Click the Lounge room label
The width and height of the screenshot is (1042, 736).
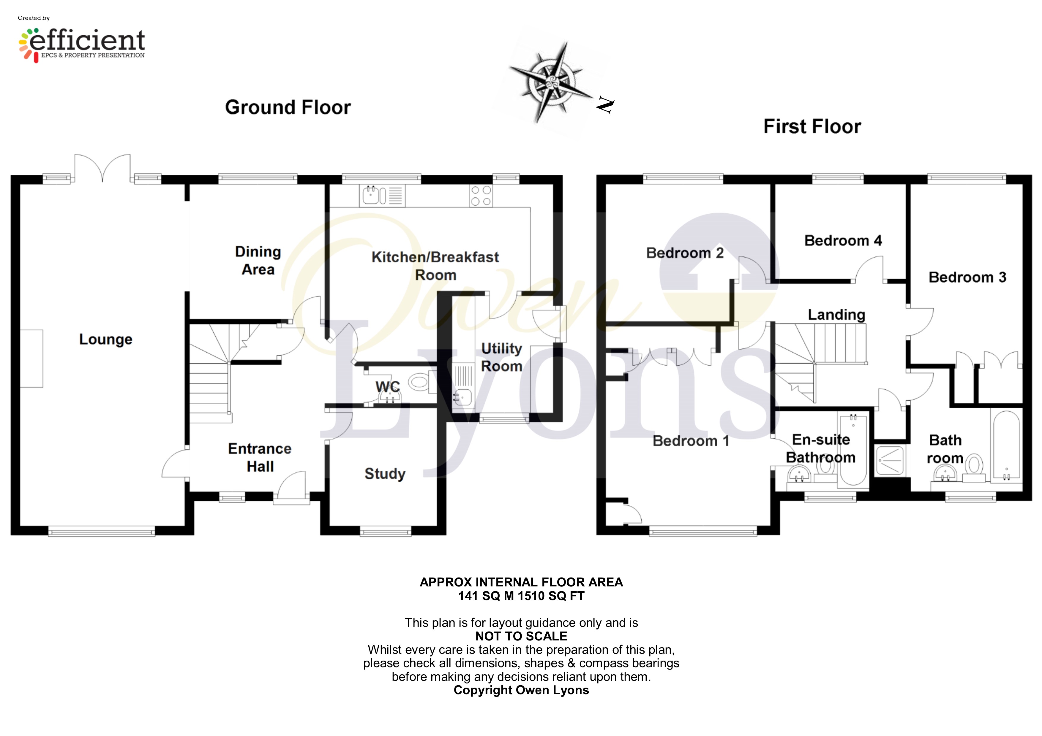[x=106, y=339]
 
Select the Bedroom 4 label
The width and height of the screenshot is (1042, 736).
[x=843, y=240]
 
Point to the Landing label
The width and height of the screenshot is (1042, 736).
[x=836, y=314]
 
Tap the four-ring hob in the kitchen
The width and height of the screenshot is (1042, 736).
[x=481, y=196]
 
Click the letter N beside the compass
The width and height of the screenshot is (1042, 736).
[x=605, y=105]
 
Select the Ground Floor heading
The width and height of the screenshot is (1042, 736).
[x=288, y=107]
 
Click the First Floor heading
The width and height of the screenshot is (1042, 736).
[x=812, y=126]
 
